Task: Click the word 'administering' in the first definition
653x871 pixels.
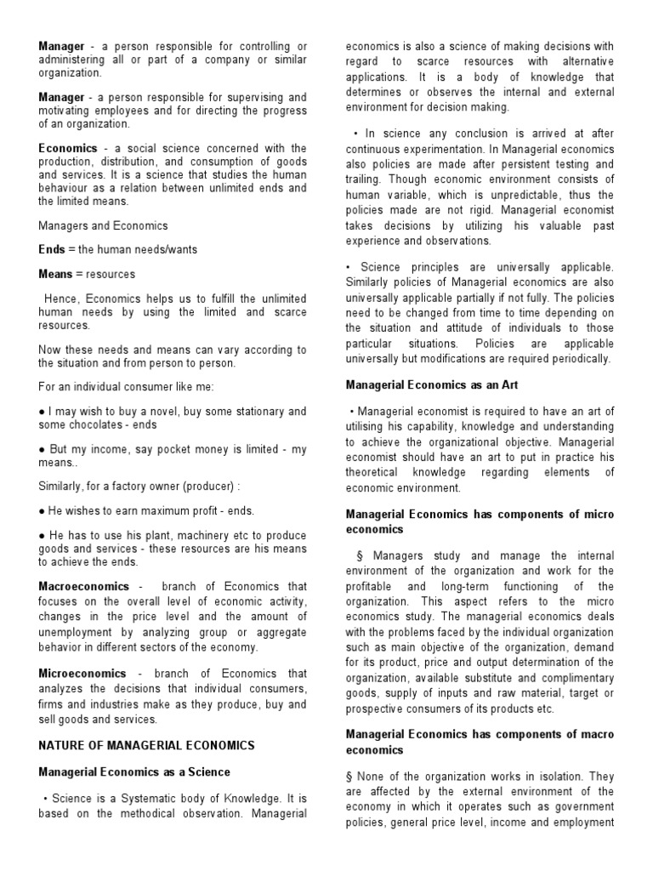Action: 74,59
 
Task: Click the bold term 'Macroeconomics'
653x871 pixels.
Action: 84,586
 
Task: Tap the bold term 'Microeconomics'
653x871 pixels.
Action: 82,673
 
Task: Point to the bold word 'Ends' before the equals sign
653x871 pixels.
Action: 52,250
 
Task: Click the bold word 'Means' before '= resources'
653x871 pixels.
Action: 57,275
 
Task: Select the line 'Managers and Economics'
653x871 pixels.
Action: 103,225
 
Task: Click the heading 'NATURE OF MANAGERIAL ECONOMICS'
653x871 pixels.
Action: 146,745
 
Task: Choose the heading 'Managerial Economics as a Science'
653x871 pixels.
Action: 134,771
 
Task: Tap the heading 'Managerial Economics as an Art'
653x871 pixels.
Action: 431,385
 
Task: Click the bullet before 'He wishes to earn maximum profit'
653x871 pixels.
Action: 42,510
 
